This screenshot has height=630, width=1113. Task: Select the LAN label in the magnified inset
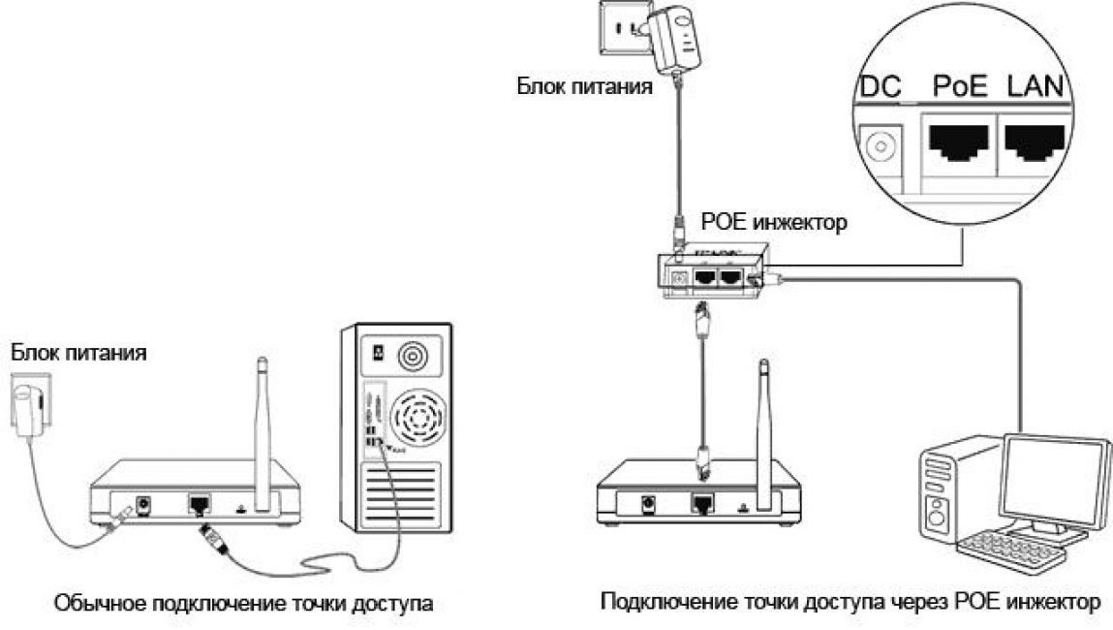coord(1034,87)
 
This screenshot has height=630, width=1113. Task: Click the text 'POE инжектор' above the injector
coord(766,222)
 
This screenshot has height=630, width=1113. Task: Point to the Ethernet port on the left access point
coord(200,503)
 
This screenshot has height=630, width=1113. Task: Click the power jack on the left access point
coord(147,505)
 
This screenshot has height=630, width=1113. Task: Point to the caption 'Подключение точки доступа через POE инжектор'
coord(850,603)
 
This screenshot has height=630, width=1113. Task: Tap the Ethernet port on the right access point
coord(702,503)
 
